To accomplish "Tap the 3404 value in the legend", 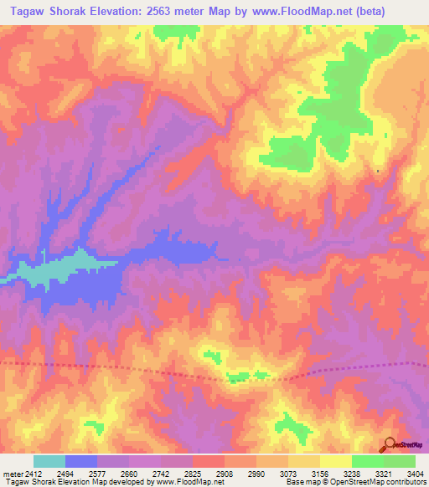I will pyautogui.click(x=415, y=473).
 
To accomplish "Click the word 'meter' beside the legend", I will pyautogui.click(x=13, y=473).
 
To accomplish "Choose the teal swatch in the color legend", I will pyautogui.click(x=49, y=461).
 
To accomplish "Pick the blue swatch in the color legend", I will pyautogui.click(x=81, y=461).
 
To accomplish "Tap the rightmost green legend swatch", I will pyautogui.click(x=400, y=461).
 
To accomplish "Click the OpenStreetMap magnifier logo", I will pyautogui.click(x=390, y=443).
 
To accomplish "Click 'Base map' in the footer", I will pyautogui.click(x=299, y=483).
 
